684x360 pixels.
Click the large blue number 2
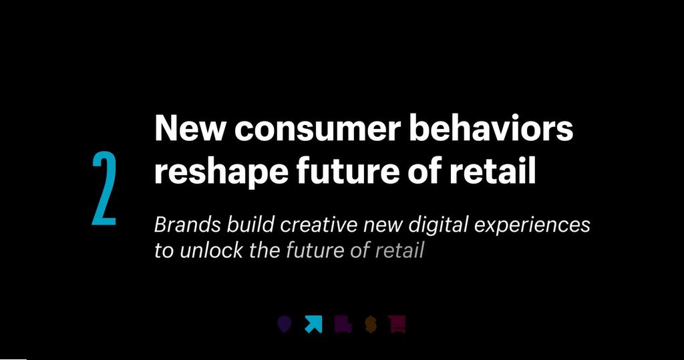click(x=104, y=188)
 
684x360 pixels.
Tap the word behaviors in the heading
click(x=491, y=128)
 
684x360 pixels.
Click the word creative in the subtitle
click(x=321, y=224)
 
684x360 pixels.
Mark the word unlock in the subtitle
click(x=204, y=251)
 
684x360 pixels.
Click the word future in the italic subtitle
click(x=315, y=251)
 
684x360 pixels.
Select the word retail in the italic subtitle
click(x=400, y=251)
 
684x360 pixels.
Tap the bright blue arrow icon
click(x=313, y=325)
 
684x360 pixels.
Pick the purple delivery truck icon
click(x=343, y=325)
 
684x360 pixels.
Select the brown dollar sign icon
click(x=371, y=325)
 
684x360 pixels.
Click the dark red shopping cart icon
click(x=397, y=325)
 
